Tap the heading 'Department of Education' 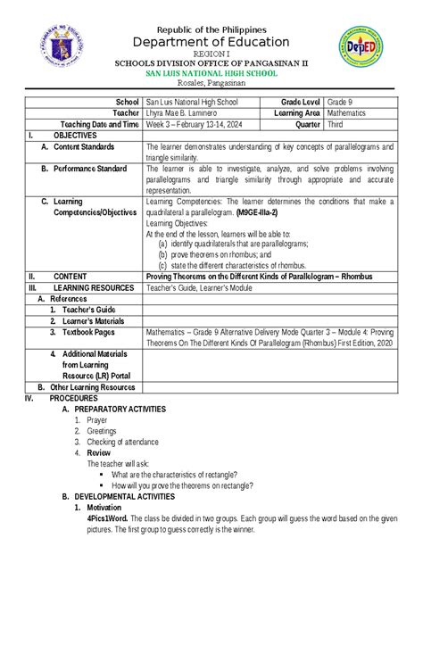point(211,42)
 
